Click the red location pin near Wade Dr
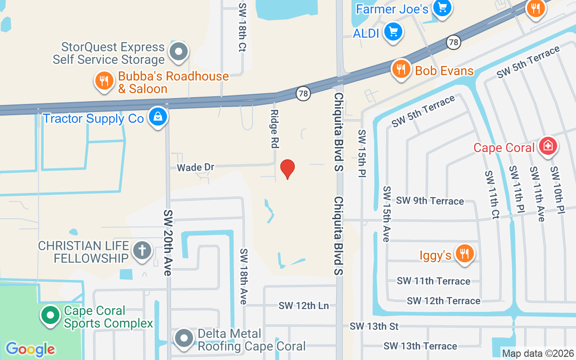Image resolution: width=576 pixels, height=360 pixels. tap(287, 169)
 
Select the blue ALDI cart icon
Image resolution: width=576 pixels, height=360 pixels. tap(394, 32)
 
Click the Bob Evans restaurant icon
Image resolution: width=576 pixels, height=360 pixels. tap(400, 69)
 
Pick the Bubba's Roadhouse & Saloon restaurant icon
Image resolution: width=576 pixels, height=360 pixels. tap(104, 81)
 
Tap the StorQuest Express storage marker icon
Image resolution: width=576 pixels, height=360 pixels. tap(179, 52)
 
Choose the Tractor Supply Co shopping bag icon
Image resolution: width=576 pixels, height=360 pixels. tap(158, 117)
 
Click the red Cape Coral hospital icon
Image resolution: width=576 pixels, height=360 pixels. tap(548, 146)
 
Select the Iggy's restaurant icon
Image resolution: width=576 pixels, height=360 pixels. tap(463, 254)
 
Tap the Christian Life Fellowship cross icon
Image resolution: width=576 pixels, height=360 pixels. tap(142, 251)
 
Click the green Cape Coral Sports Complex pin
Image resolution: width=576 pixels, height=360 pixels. tap(50, 315)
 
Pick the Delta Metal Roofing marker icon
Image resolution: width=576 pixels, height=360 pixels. tap(184, 338)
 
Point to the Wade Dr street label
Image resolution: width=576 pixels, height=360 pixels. tap(195, 167)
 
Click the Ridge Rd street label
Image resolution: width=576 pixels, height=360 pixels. tap(274, 129)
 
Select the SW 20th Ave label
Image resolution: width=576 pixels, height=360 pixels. tap(168, 243)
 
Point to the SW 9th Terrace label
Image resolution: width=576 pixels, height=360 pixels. tap(430, 201)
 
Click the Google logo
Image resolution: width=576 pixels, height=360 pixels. tap(30, 349)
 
